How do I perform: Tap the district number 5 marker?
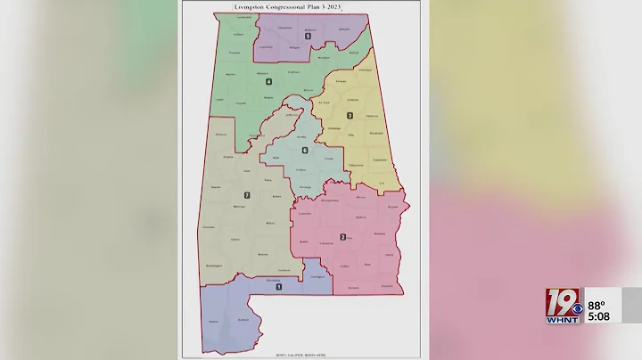point(309,37)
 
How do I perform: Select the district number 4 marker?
point(268,83)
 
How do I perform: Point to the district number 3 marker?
point(350,116)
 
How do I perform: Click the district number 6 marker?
point(304,150)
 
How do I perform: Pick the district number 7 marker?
point(247,195)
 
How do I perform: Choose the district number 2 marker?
point(343,237)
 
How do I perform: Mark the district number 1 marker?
point(279,286)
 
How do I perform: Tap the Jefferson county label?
point(291,115)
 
